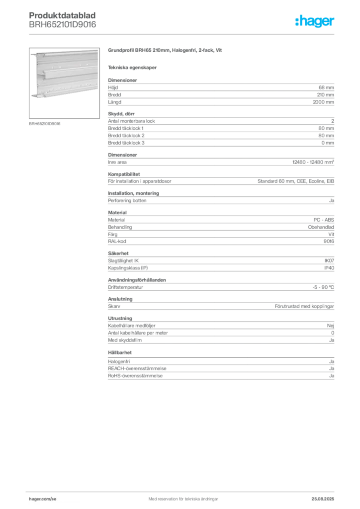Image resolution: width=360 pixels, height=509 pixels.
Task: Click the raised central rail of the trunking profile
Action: click(70, 74)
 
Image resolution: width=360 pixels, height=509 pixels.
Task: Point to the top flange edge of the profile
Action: click(67, 51)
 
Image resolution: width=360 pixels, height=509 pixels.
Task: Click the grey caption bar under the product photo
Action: click(46, 124)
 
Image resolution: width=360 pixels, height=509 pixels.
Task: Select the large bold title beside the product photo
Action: click(165, 50)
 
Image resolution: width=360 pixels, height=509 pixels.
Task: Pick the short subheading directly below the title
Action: click(133, 67)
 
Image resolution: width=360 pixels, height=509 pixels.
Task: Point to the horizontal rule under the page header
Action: click(183, 33)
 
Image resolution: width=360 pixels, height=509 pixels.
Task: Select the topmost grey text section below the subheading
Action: click(221, 92)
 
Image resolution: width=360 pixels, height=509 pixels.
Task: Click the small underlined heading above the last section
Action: click(121, 353)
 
